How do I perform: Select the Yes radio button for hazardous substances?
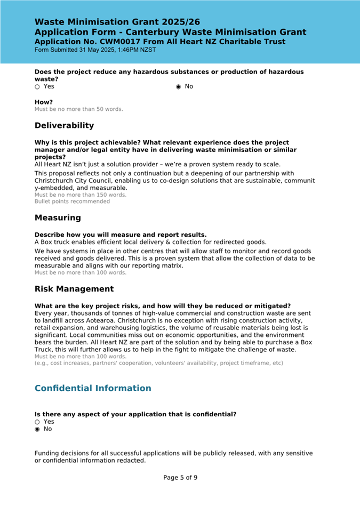(x=37, y=87)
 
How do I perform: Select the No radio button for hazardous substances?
(x=179, y=87)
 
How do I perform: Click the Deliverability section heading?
(x=64, y=126)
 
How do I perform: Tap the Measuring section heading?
(x=58, y=218)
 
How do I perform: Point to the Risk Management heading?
(x=74, y=289)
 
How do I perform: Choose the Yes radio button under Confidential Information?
(x=37, y=422)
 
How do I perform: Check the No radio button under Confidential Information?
(x=37, y=429)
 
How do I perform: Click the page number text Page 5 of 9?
(x=180, y=478)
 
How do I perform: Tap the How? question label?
(x=44, y=102)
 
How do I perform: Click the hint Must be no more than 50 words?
(x=78, y=109)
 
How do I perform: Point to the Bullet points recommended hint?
(x=72, y=201)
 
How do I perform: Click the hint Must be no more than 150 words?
(x=81, y=195)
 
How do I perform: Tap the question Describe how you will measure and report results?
(x=121, y=235)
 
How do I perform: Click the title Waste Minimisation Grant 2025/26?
(x=117, y=22)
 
